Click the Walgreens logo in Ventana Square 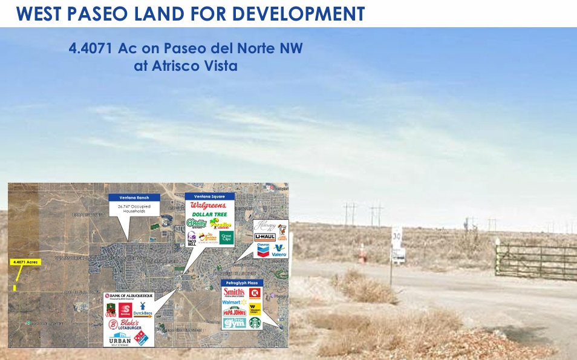pos(209,206)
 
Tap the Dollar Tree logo pos(209,215)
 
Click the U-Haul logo pos(264,237)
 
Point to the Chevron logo pos(263,249)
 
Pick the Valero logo pos(279,249)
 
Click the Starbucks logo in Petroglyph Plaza pos(255,323)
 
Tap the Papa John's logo pos(235,312)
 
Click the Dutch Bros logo pos(143,310)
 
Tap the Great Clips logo pos(226,237)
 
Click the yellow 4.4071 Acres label pos(25,262)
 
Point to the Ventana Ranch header pos(134,197)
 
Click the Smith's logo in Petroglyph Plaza pos(233,293)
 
